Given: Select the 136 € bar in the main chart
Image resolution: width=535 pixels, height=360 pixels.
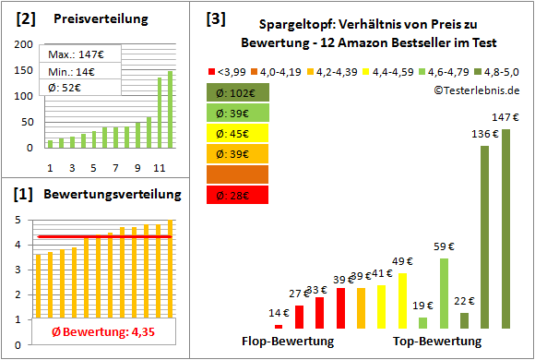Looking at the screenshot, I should click(484, 236).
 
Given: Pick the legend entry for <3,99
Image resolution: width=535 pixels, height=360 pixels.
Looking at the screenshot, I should click(230, 70).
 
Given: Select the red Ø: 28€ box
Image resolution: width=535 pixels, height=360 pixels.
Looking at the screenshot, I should click(238, 194).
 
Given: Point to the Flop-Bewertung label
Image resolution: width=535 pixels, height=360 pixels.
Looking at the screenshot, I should click(287, 341).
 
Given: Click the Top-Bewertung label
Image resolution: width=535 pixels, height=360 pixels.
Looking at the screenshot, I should click(438, 341).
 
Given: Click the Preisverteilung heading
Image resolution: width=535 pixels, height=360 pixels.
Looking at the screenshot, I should click(91, 18).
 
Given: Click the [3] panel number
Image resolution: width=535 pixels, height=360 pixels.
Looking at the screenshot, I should click(215, 18).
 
